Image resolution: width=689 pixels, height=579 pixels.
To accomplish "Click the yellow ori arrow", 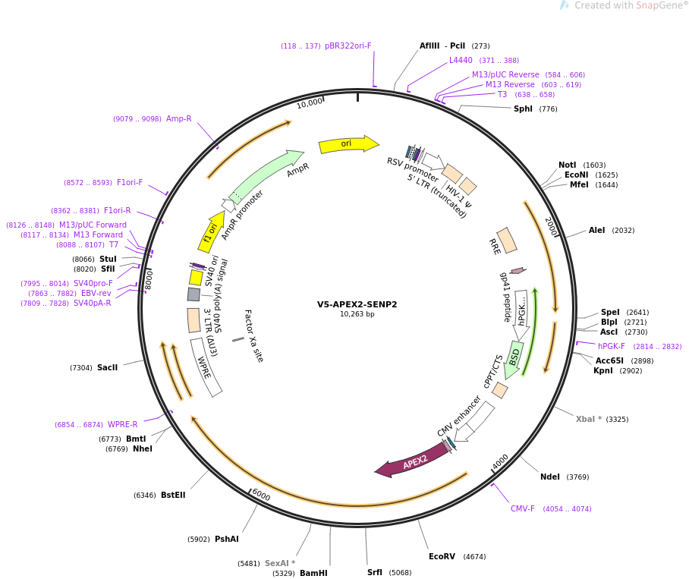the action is (x=348, y=144).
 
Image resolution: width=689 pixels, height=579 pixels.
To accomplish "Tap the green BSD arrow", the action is (x=513, y=360).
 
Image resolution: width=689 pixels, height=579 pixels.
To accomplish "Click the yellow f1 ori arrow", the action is (x=211, y=232).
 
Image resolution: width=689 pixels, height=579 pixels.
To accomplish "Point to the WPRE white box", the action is (x=206, y=367).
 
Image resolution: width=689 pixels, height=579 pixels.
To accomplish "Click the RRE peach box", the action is (x=507, y=241).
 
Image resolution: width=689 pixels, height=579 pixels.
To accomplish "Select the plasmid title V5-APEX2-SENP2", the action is (x=357, y=304).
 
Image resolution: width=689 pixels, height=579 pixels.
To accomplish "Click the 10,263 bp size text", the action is (x=357, y=314).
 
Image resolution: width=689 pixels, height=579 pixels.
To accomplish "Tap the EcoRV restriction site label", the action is (x=442, y=556).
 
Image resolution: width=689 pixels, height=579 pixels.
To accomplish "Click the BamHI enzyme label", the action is (x=313, y=573).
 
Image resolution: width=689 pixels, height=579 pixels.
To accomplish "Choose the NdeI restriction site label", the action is (x=550, y=477).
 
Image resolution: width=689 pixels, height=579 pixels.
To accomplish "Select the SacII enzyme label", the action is (x=107, y=368).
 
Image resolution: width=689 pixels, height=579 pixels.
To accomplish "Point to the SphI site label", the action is (x=523, y=109).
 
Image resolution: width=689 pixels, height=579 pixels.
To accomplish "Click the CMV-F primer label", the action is (x=523, y=508).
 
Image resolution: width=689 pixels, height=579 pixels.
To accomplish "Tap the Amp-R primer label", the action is (x=179, y=118).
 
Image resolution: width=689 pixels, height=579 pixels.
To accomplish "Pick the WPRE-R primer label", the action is (x=123, y=424).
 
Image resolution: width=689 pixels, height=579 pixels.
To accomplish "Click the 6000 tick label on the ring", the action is (x=261, y=495).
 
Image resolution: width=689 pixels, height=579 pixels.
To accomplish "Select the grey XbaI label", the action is (x=589, y=419).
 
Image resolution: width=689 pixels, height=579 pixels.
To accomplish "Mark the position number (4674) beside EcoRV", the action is (x=474, y=557).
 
